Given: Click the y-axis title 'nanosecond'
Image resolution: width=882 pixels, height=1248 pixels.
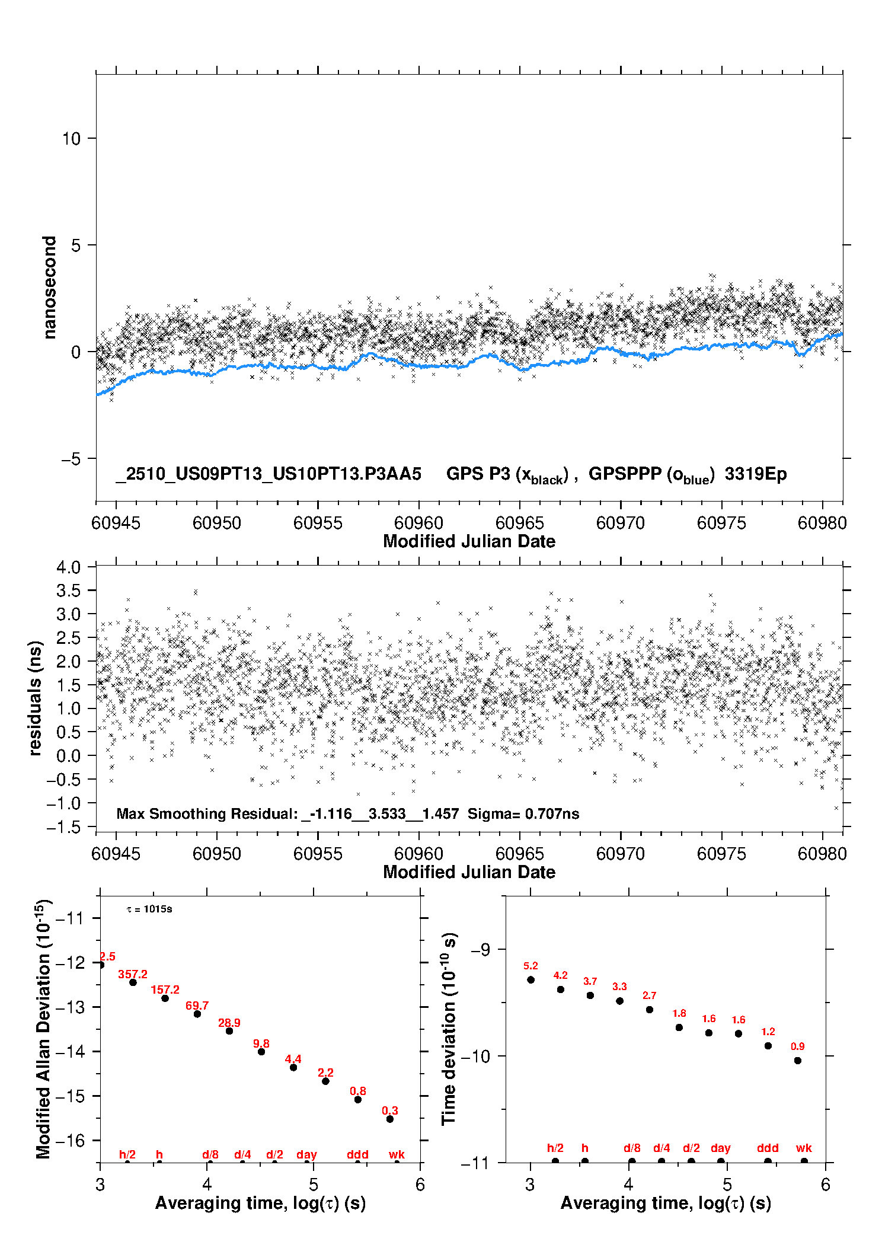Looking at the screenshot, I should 50,288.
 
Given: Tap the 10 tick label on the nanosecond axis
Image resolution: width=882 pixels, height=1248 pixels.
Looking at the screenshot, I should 71,139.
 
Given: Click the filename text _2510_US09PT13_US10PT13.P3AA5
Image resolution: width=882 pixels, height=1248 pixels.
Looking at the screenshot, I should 269,474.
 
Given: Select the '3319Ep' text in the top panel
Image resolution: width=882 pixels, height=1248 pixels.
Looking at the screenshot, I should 756,474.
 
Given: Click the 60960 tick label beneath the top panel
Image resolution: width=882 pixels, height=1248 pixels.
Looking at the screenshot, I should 418,523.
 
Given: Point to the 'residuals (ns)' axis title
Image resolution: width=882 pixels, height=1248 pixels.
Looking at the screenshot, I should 36,698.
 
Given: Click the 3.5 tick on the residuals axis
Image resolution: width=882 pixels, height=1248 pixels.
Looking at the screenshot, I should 68,591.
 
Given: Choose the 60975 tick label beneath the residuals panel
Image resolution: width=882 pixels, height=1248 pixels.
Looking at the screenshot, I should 721,854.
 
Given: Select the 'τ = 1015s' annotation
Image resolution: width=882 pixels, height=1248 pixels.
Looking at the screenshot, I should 149,909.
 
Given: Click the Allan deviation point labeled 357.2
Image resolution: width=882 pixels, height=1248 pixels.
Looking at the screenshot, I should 133,982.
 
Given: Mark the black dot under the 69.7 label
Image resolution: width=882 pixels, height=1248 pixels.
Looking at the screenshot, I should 197,1014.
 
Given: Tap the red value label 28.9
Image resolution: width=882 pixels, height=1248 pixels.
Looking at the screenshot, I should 229,1023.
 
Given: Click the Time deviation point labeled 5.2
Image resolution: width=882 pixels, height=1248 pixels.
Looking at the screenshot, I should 531,980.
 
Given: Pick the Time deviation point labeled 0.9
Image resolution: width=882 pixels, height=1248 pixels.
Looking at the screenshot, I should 798,1061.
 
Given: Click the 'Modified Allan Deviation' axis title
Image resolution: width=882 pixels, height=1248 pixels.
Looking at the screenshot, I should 43,1029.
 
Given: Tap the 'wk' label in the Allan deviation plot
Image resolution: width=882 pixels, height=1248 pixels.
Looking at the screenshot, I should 397,1154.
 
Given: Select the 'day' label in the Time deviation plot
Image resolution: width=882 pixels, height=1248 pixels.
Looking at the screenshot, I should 721,1148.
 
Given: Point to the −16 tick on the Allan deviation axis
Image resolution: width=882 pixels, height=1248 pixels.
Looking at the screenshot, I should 69,1140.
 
